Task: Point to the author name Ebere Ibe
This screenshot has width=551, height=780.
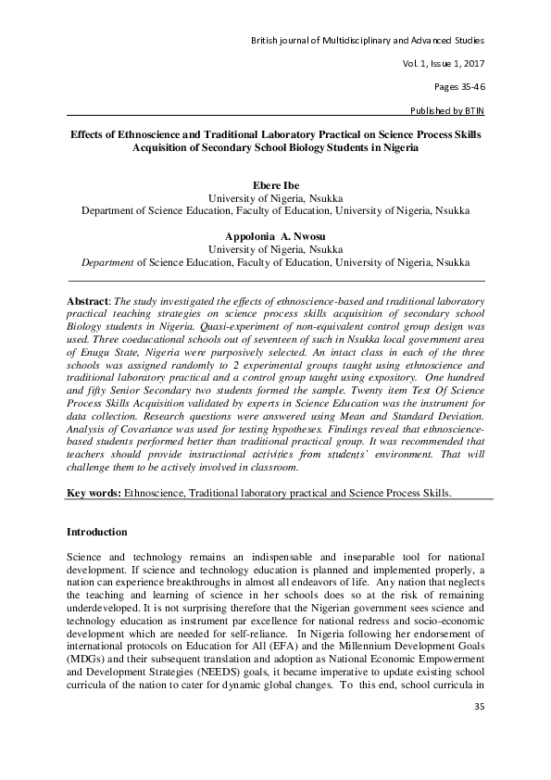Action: [x=275, y=185]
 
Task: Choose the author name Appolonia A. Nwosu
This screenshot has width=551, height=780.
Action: [x=275, y=236]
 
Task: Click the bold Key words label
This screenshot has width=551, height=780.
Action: [x=95, y=493]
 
